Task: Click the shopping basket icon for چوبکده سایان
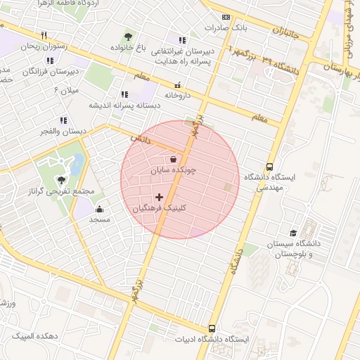pyautogui.click(x=174, y=159)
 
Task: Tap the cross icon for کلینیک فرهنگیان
pyautogui.click(x=159, y=198)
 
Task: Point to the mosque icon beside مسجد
pyautogui.click(x=99, y=209)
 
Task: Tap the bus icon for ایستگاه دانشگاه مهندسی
pyautogui.click(x=270, y=167)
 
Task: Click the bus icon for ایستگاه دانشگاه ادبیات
pyautogui.click(x=212, y=328)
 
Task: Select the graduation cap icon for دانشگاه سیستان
pyautogui.click(x=292, y=233)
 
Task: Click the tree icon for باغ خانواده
pyautogui.click(x=128, y=37)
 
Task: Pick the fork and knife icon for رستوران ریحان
pyautogui.click(x=43, y=35)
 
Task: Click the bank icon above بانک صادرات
pyautogui.click(x=225, y=18)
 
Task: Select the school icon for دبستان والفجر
pyautogui.click(x=63, y=120)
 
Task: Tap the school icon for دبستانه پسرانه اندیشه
pyautogui.click(x=125, y=94)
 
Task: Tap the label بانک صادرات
pyautogui.click(x=225, y=28)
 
